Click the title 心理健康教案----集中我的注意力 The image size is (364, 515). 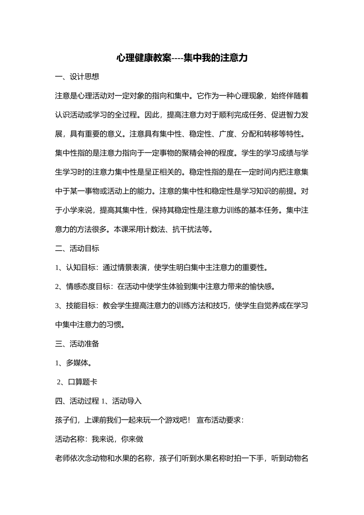click(182, 58)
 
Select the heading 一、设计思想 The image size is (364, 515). click(77, 77)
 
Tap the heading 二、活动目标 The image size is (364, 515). click(77, 248)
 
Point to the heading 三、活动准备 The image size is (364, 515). click(77, 344)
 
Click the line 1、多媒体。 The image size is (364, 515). click(73, 363)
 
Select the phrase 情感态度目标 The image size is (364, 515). click(88, 287)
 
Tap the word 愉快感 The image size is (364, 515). click(260, 287)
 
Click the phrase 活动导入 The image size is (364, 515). click(127, 401)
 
